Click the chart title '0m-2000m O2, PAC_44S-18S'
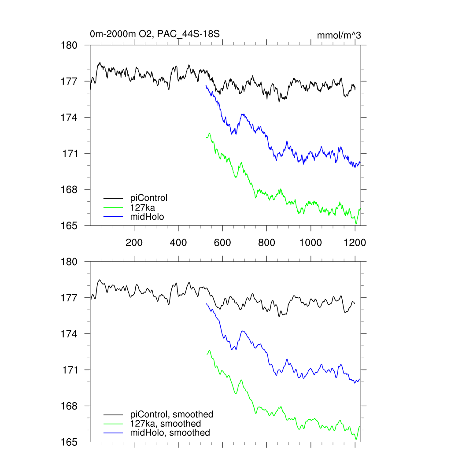(154, 34)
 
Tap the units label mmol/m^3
(339, 36)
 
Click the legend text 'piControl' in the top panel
(149, 198)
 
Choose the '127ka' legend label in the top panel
(143, 207)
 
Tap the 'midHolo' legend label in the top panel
(147, 216)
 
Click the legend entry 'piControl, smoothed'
(172, 414)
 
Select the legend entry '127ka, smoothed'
(166, 423)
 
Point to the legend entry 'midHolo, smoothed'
(170, 433)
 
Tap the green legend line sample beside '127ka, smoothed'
(114, 424)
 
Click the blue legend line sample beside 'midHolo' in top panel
(114, 217)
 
